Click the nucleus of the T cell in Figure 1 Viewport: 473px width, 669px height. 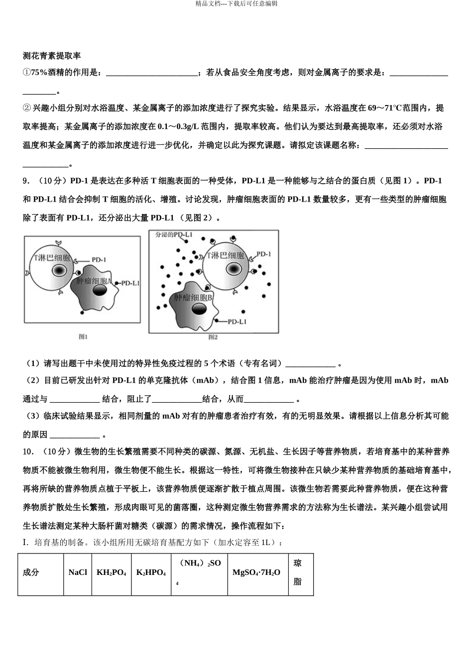(x=59, y=270)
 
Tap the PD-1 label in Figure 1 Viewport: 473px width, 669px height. (x=99, y=259)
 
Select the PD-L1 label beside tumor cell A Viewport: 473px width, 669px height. (x=130, y=283)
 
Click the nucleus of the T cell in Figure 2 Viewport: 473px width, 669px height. (x=233, y=269)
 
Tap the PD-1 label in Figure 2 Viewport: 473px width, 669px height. (x=263, y=254)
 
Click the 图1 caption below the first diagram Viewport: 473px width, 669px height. (x=83, y=337)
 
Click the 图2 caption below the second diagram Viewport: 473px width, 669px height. (x=213, y=337)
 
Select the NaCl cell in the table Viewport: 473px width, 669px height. (x=78, y=572)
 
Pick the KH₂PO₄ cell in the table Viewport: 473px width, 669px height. (x=111, y=572)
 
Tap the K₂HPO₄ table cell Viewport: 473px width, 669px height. (x=151, y=572)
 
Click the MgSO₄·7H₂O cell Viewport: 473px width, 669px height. (x=256, y=572)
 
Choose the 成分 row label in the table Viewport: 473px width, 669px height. (x=31, y=572)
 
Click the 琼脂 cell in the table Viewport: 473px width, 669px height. (x=297, y=572)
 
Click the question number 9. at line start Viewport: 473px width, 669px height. (x=27, y=181)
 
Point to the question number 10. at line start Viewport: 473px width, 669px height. (x=29, y=452)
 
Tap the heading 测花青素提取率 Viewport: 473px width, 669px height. (x=52, y=56)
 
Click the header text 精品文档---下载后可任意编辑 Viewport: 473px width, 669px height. (x=236, y=3)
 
